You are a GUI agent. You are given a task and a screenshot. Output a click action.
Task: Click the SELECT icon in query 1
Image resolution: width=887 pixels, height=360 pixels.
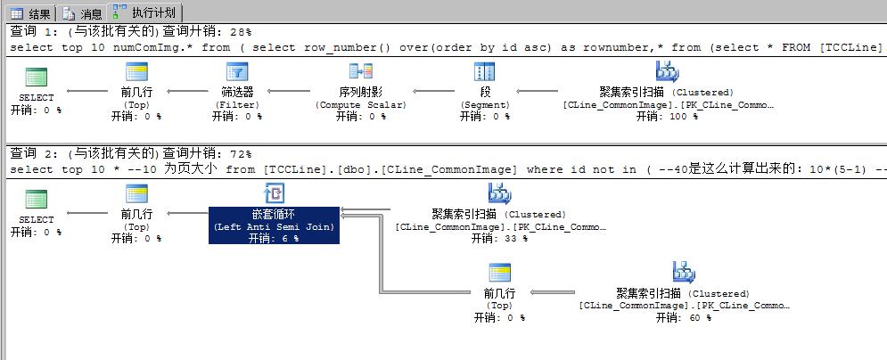37,77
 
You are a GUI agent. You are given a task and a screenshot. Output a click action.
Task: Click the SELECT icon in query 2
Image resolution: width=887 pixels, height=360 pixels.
37,199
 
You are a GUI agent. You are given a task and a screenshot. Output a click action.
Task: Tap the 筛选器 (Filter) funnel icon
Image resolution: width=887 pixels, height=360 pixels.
237,73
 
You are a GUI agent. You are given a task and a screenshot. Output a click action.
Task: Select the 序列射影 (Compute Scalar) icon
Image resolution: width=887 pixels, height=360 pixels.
360,73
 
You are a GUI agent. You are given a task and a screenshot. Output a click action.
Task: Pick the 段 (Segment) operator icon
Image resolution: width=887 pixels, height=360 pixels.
485,73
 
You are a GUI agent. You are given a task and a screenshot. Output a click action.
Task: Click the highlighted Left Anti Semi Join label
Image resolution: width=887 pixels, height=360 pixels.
274,226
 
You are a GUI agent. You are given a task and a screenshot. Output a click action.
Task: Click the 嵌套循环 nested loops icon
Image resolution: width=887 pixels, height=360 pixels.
274,194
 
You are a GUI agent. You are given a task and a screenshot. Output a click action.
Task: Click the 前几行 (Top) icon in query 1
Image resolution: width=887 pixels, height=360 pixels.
136,73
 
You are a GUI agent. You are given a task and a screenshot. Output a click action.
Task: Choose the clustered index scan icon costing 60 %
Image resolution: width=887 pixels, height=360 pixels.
684,273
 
